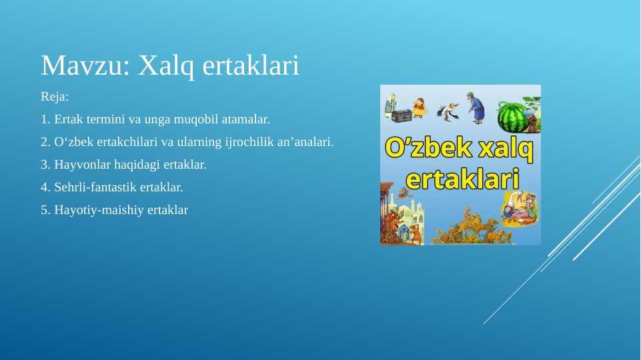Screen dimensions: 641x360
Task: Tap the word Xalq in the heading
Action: [x=165, y=66]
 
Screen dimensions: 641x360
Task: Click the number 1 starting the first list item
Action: [x=45, y=119]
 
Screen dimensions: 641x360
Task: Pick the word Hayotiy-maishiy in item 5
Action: [x=99, y=210]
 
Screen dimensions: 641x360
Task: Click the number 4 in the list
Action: [x=45, y=187]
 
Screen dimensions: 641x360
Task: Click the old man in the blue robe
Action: [x=476, y=108]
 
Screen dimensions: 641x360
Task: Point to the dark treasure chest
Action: [x=401, y=115]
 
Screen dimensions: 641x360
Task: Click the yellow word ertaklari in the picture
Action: [x=462, y=179]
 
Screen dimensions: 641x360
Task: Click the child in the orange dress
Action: [x=419, y=107]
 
